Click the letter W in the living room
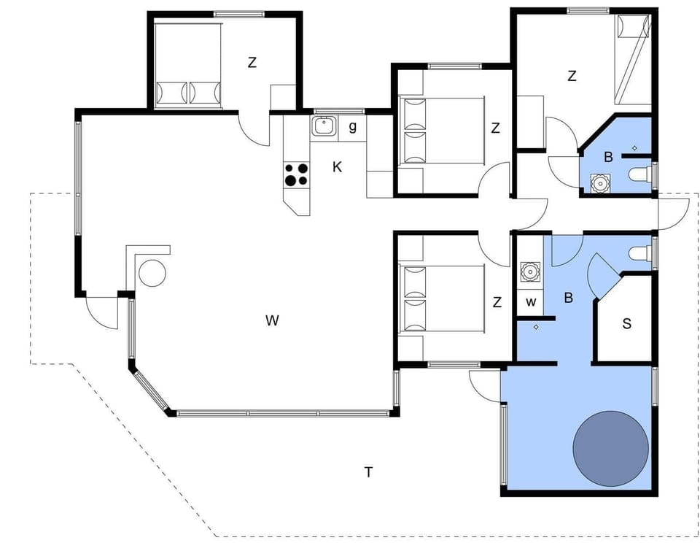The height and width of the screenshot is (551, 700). pyautogui.click(x=272, y=320)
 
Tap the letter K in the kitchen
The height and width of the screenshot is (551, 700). pyautogui.click(x=337, y=167)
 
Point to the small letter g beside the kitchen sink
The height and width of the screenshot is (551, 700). pyautogui.click(x=353, y=126)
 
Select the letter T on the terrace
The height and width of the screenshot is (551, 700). pyautogui.click(x=368, y=472)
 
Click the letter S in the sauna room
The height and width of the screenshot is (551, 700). pyautogui.click(x=626, y=323)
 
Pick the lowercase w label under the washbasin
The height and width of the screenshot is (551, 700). pyautogui.click(x=531, y=301)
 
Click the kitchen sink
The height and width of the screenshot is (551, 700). pyautogui.click(x=323, y=126)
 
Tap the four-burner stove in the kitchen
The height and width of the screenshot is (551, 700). pyautogui.click(x=297, y=174)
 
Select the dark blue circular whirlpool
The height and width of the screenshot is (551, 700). pyautogui.click(x=610, y=450)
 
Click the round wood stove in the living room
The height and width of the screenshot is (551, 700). pyautogui.click(x=152, y=273)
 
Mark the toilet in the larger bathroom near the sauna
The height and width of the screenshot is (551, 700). pyautogui.click(x=638, y=254)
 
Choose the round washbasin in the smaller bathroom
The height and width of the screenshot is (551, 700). pyautogui.click(x=600, y=182)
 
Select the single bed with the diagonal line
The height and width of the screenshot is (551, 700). pyautogui.click(x=631, y=58)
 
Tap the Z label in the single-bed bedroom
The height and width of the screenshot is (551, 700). pyautogui.click(x=572, y=76)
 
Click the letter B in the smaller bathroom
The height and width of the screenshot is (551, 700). pyautogui.click(x=607, y=155)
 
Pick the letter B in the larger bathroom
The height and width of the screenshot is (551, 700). pyautogui.click(x=568, y=298)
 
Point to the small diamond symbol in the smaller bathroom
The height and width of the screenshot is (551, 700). pyautogui.click(x=634, y=148)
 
